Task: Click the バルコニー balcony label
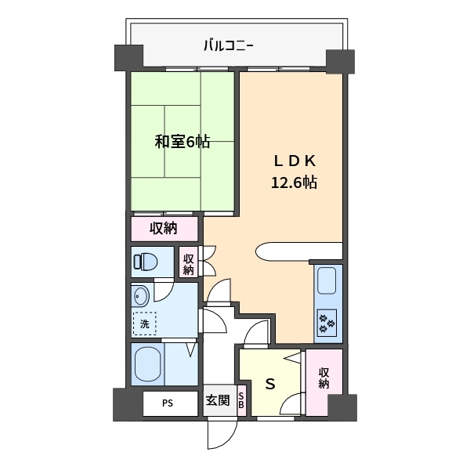point(229,45)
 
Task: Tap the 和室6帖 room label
point(182,142)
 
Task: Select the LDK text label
point(294,161)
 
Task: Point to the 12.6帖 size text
point(294,183)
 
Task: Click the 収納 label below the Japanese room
point(164,228)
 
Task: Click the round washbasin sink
point(140,296)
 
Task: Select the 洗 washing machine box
point(144,324)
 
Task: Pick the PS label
point(168,403)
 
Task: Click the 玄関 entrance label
point(217,401)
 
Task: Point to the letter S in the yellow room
point(270,384)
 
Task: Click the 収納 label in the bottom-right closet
point(324,378)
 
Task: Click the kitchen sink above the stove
point(327,282)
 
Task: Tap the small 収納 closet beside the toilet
point(188,262)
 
